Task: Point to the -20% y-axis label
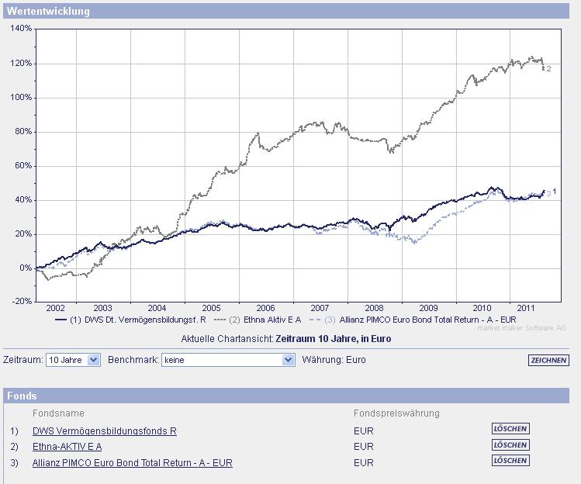click(x=22, y=301)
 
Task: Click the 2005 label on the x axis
click(x=211, y=308)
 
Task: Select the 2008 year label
click(x=374, y=308)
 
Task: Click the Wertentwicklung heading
click(x=48, y=12)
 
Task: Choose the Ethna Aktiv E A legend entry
click(x=263, y=319)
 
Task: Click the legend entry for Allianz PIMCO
click(x=420, y=319)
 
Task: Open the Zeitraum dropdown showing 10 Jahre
click(x=73, y=360)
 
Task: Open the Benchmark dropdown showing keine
click(x=228, y=360)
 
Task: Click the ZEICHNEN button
click(x=548, y=361)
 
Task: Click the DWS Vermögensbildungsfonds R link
click(x=105, y=431)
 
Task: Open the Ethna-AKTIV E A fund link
click(x=67, y=447)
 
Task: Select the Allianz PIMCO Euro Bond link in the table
click(x=133, y=463)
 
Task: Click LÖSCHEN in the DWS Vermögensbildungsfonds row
click(x=510, y=428)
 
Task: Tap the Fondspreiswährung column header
click(x=396, y=413)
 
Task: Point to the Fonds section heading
click(x=22, y=396)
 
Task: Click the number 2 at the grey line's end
click(x=548, y=69)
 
